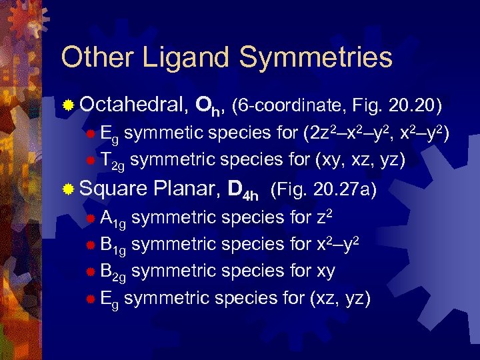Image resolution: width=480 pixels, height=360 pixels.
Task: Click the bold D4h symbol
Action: tap(243, 191)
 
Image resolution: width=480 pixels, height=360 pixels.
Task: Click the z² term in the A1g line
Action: tap(322, 217)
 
